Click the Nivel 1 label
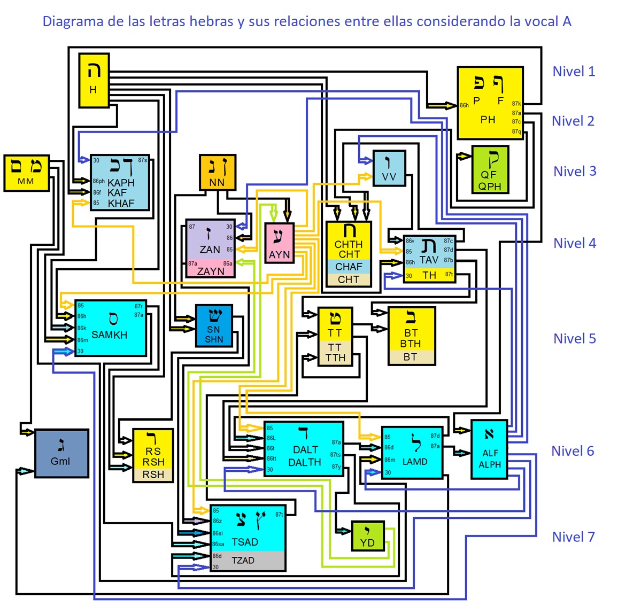click(x=574, y=72)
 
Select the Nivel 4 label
click(x=575, y=243)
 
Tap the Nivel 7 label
click(x=573, y=537)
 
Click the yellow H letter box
click(x=94, y=80)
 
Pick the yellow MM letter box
click(x=26, y=173)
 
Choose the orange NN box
click(x=217, y=173)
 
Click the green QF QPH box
click(x=490, y=169)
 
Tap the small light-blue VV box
click(x=389, y=168)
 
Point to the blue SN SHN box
click(x=214, y=326)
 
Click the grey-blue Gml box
click(x=61, y=453)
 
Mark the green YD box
click(x=367, y=536)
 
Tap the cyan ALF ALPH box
click(x=489, y=449)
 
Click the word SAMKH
click(x=109, y=335)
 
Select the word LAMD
click(x=415, y=462)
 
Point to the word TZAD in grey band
click(x=243, y=561)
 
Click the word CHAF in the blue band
click(x=349, y=267)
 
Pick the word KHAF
click(x=121, y=204)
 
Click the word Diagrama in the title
click(x=73, y=22)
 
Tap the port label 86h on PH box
click(x=464, y=106)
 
